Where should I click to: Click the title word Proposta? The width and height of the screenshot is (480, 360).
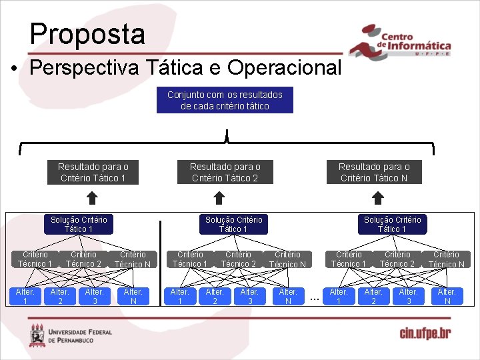tap(87, 34)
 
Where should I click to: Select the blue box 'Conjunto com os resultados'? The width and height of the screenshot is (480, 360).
tap(225, 101)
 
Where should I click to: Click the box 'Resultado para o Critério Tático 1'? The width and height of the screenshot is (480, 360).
tap(93, 172)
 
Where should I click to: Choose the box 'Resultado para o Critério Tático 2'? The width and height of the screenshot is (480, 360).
tap(225, 172)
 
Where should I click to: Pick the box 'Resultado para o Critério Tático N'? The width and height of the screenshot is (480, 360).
tap(374, 172)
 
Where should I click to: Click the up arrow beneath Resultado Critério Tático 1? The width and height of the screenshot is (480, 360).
tap(93, 197)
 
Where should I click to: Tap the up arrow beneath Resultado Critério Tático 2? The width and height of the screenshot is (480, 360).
tap(218, 197)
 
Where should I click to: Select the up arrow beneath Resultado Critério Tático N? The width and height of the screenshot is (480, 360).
tap(378, 197)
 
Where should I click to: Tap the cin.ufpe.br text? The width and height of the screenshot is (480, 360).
tap(425, 333)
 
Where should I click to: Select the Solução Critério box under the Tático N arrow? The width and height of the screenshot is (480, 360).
tap(392, 224)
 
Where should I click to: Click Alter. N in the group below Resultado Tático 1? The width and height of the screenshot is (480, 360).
tap(133, 296)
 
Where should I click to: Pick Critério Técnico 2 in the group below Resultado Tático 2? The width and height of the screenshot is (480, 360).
tap(239, 259)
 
